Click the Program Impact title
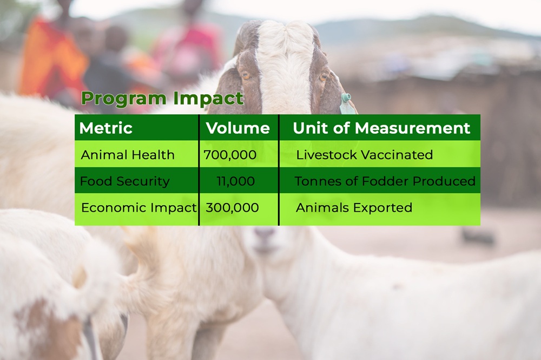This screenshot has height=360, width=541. coord(162,99)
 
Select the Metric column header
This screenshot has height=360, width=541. coord(105,128)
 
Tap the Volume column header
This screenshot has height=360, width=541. coord(237,128)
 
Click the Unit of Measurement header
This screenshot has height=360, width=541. coord(381,128)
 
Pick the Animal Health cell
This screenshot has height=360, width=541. coord(128,155)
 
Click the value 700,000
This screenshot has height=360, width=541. coord(230,155)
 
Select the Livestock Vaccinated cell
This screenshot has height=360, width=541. coord(364,155)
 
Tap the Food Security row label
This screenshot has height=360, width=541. coord(124,181)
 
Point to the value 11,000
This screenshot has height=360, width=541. coord(236,181)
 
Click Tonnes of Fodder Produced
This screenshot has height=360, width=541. coord(385,181)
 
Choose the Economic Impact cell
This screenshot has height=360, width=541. coord(138,208)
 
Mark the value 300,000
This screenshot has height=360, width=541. coord(232,208)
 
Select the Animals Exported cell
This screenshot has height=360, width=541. coord(354,208)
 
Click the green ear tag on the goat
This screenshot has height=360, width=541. coord(345,103)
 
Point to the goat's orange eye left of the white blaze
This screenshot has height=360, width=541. coord(246,76)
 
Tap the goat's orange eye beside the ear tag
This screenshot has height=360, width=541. coord(324,77)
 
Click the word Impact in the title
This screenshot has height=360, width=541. coord(208,99)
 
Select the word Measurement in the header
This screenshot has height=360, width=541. coord(412,128)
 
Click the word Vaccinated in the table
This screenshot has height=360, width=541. coord(397,155)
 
